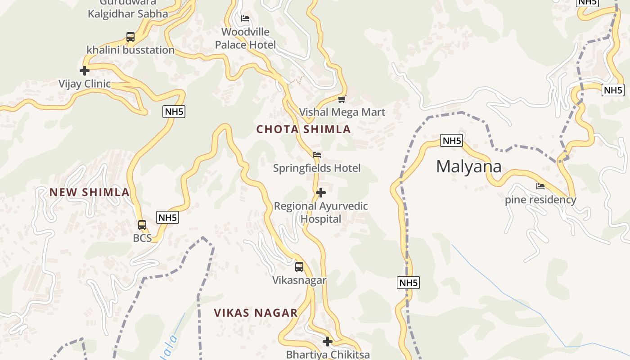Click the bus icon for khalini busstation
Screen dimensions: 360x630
pyautogui.click(x=130, y=37)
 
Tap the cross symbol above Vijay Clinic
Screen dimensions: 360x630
pyautogui.click(x=84, y=71)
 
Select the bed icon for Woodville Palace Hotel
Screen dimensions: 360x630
pyautogui.click(x=245, y=18)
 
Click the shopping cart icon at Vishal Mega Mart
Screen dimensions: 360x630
pyautogui.click(x=342, y=99)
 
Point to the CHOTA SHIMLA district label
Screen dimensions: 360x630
pyautogui.click(x=303, y=130)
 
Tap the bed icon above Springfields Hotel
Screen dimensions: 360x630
pyautogui.click(x=317, y=155)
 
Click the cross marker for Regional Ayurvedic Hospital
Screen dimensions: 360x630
pyautogui.click(x=321, y=193)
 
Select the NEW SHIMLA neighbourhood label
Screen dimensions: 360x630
pyautogui.click(x=90, y=193)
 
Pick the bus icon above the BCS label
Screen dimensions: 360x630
pyautogui.click(x=142, y=225)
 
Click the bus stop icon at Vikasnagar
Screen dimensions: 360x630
pyautogui.click(x=299, y=267)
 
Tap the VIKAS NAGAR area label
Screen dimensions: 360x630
pyautogui.click(x=256, y=313)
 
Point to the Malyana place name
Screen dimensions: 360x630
pyautogui.click(x=468, y=167)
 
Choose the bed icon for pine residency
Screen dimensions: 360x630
pyautogui.click(x=540, y=186)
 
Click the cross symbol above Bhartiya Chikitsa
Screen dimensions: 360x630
pyautogui.click(x=328, y=342)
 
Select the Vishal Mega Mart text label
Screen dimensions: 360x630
pyautogui.click(x=342, y=112)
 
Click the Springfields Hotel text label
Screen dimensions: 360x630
pyautogui.click(x=317, y=168)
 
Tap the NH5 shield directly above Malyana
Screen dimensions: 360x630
pyautogui.click(x=451, y=141)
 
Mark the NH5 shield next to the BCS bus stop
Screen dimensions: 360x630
pyautogui.click(x=168, y=218)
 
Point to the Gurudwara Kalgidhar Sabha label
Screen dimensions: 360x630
pyautogui.click(x=128, y=9)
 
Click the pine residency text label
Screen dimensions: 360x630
pyautogui.click(x=540, y=200)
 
